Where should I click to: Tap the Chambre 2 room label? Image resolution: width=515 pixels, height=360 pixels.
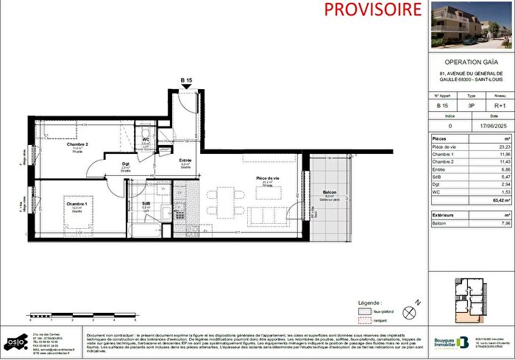point(77,144)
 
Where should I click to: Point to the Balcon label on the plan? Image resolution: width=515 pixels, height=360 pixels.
point(329,194)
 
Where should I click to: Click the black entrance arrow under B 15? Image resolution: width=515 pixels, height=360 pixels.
point(187,87)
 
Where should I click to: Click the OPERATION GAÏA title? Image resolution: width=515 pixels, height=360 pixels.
point(472,63)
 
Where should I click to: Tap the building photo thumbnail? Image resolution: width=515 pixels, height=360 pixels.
point(471,23)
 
